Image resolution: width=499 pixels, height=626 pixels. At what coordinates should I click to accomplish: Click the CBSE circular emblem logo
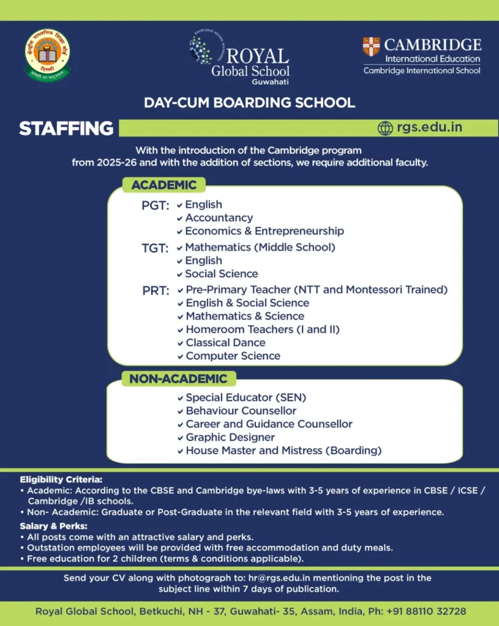click(x=47, y=55)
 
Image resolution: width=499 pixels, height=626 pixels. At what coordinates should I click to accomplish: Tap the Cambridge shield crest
click(x=371, y=46)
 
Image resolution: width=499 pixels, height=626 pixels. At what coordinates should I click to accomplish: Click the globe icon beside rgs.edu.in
click(x=385, y=128)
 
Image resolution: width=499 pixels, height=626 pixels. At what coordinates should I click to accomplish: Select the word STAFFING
click(x=66, y=128)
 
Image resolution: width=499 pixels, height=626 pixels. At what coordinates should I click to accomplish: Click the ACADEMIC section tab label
click(x=163, y=185)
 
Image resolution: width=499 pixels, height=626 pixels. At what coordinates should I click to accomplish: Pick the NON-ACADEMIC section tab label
click(x=178, y=379)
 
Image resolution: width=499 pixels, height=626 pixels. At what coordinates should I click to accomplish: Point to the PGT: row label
click(x=155, y=205)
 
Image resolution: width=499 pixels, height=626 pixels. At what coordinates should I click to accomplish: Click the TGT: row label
click(x=155, y=248)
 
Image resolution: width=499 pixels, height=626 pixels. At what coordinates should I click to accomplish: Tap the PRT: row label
click(x=156, y=290)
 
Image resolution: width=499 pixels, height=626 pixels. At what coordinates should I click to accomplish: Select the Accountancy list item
click(x=219, y=218)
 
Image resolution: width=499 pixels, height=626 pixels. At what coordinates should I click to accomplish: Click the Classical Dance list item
click(x=225, y=342)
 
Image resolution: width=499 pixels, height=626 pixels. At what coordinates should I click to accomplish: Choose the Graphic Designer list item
click(x=230, y=437)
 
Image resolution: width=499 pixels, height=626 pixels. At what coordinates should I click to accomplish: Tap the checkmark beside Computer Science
click(x=180, y=356)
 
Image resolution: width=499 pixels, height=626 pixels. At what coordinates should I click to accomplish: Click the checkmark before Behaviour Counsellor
click(x=180, y=411)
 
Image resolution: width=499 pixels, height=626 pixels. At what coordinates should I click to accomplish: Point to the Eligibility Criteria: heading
click(x=61, y=479)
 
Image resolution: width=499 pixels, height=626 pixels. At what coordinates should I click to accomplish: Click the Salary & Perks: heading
click(x=53, y=526)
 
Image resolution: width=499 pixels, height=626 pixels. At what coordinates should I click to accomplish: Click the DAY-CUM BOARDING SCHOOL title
click(x=249, y=102)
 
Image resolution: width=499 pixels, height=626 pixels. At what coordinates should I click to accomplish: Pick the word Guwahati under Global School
click(x=270, y=82)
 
